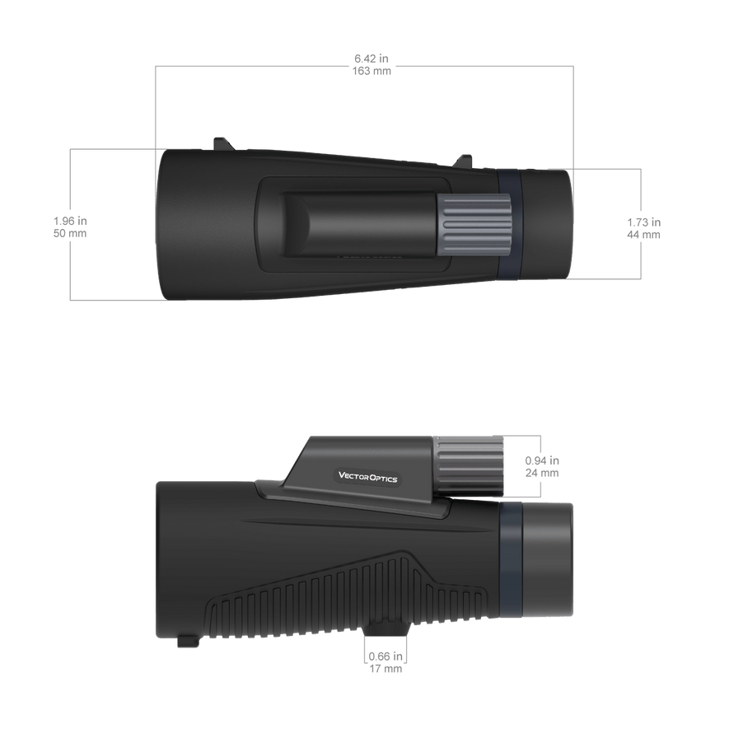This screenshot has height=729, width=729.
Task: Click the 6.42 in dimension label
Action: coord(371,58)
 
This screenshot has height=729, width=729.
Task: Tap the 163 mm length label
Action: coord(372,71)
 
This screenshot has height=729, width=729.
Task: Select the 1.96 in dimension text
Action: coord(70,221)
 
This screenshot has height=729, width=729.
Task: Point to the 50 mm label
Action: coord(70,233)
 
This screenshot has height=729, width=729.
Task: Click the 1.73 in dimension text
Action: coord(644,222)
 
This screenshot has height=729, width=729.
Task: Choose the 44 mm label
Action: coord(644,235)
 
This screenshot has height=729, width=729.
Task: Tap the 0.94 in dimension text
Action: coord(542,460)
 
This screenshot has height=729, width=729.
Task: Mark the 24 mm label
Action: coord(542,474)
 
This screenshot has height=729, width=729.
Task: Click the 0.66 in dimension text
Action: coord(386,657)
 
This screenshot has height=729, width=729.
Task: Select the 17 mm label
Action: coord(386,669)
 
